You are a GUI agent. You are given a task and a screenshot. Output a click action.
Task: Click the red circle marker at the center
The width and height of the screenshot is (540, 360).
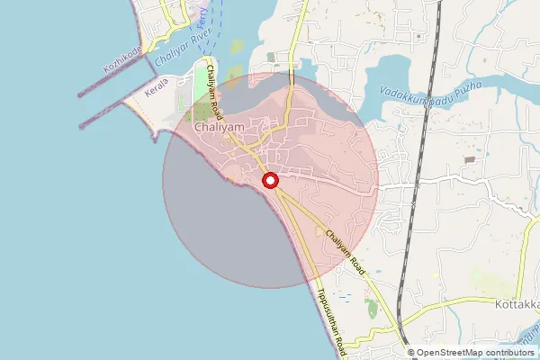270,182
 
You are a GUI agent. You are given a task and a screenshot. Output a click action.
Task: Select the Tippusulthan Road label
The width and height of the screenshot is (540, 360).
331,320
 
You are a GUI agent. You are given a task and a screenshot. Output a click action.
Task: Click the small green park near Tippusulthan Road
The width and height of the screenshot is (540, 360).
372,309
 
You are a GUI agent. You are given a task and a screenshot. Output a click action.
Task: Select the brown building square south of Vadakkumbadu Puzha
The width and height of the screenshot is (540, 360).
469,159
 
